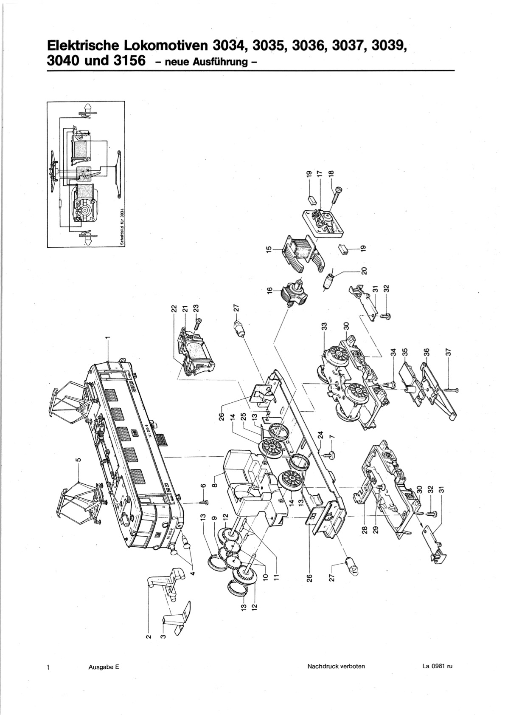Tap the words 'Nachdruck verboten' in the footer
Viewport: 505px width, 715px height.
click(x=336, y=666)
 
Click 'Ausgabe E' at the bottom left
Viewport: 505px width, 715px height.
click(x=104, y=667)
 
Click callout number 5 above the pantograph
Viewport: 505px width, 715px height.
click(x=78, y=459)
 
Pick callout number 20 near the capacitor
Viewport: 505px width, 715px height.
click(x=364, y=271)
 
